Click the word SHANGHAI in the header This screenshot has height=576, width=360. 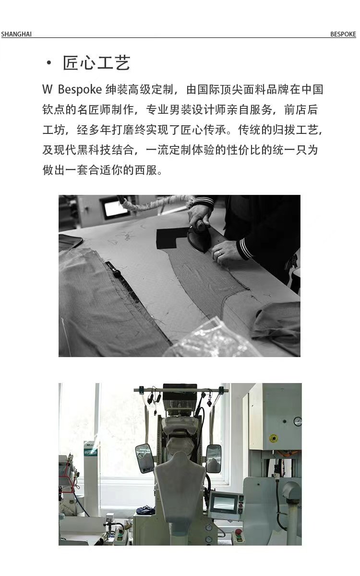pyautogui.click(x=16, y=34)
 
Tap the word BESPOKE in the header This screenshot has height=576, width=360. pyautogui.click(x=343, y=34)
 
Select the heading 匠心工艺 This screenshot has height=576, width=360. pyautogui.click(x=96, y=63)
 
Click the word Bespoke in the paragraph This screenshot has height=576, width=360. pyautogui.click(x=80, y=90)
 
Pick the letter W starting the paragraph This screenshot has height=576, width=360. pyautogui.click(x=48, y=89)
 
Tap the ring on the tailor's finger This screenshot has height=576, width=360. pyautogui.click(x=219, y=253)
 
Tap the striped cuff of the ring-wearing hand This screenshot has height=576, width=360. pyautogui.click(x=245, y=248)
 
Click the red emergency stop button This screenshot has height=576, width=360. pyautogui.click(x=239, y=531)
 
